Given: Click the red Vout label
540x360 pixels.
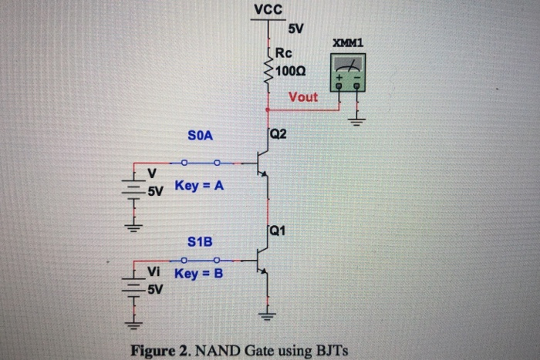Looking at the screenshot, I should pos(302,98).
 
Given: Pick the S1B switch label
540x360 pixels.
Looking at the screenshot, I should pos(200,243).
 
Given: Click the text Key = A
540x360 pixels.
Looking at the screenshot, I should pos(199,186).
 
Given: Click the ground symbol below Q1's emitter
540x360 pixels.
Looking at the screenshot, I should pos(267,315).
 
